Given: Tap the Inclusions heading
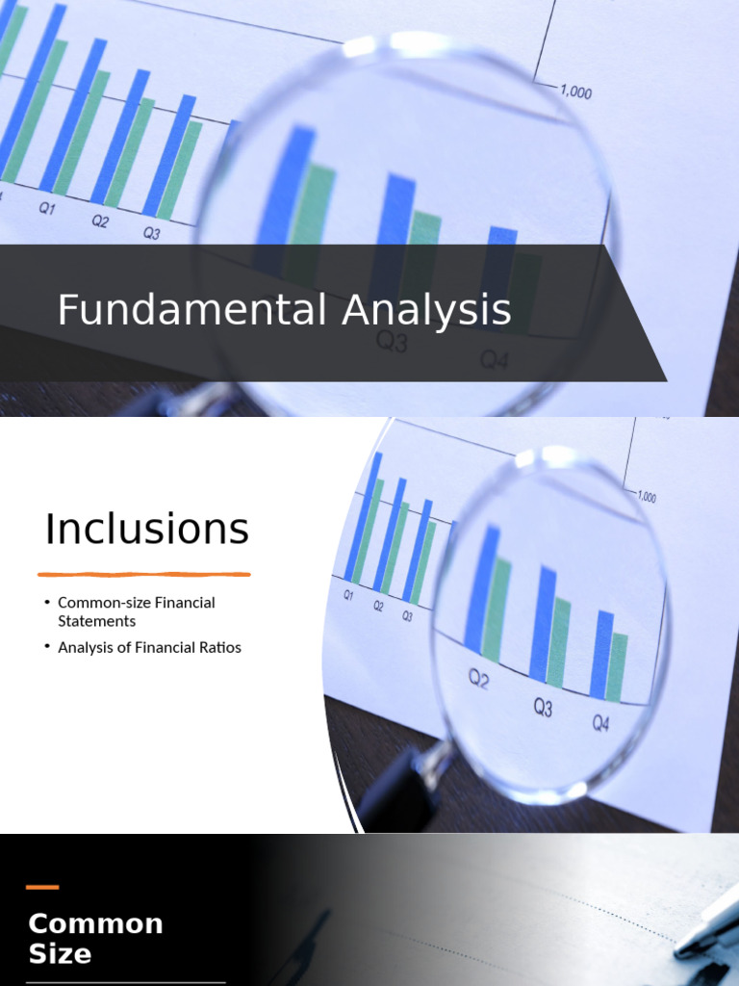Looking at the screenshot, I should (x=147, y=530).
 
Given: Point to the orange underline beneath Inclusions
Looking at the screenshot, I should (x=144, y=575).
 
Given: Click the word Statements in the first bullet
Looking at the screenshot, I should (x=96, y=621).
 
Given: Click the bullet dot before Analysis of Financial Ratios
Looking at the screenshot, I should (x=47, y=647).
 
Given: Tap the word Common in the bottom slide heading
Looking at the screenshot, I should (x=95, y=924).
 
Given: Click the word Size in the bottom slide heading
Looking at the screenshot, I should (x=60, y=954).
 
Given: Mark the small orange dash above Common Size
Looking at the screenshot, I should (x=42, y=887).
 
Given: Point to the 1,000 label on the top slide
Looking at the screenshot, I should (x=575, y=92).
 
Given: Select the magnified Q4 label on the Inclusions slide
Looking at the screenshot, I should (x=600, y=722).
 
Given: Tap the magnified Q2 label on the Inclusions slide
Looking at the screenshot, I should (x=479, y=680).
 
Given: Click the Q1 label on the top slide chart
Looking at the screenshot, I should (x=47, y=208).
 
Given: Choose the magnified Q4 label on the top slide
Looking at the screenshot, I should (x=494, y=360).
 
